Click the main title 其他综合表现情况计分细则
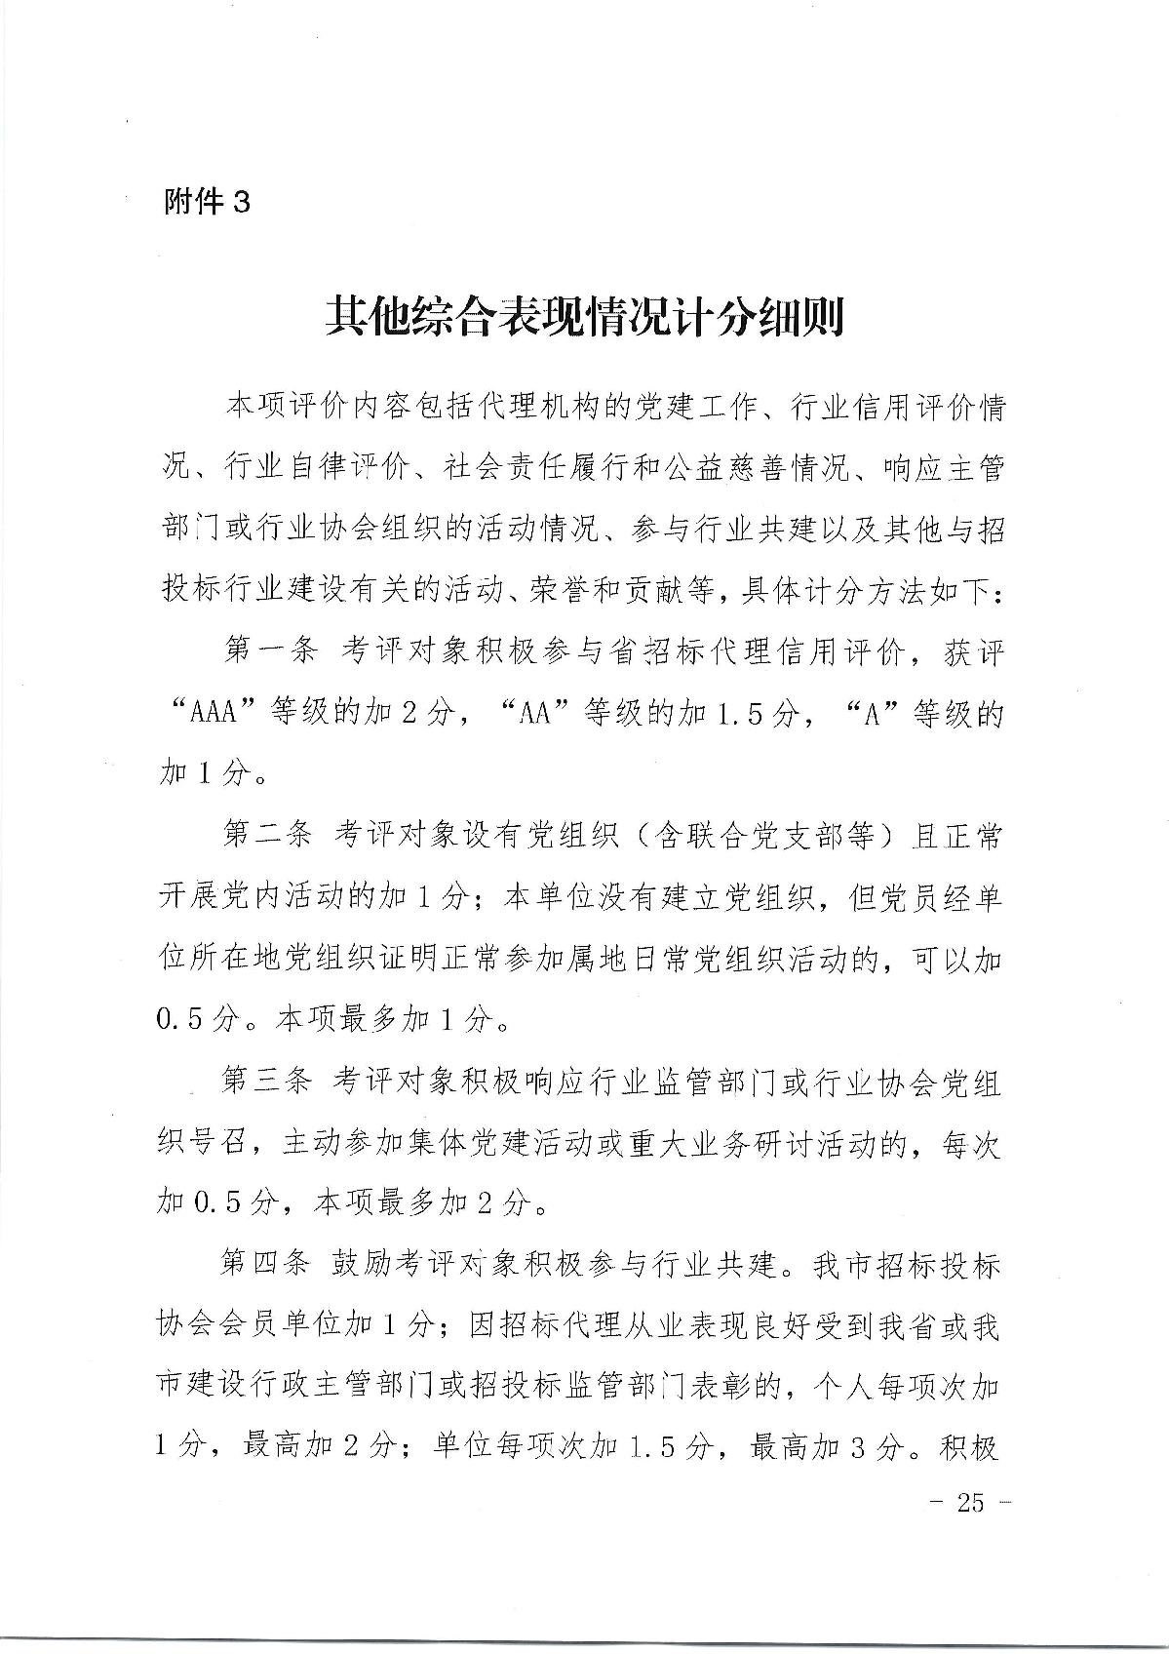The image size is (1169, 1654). (x=584, y=316)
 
